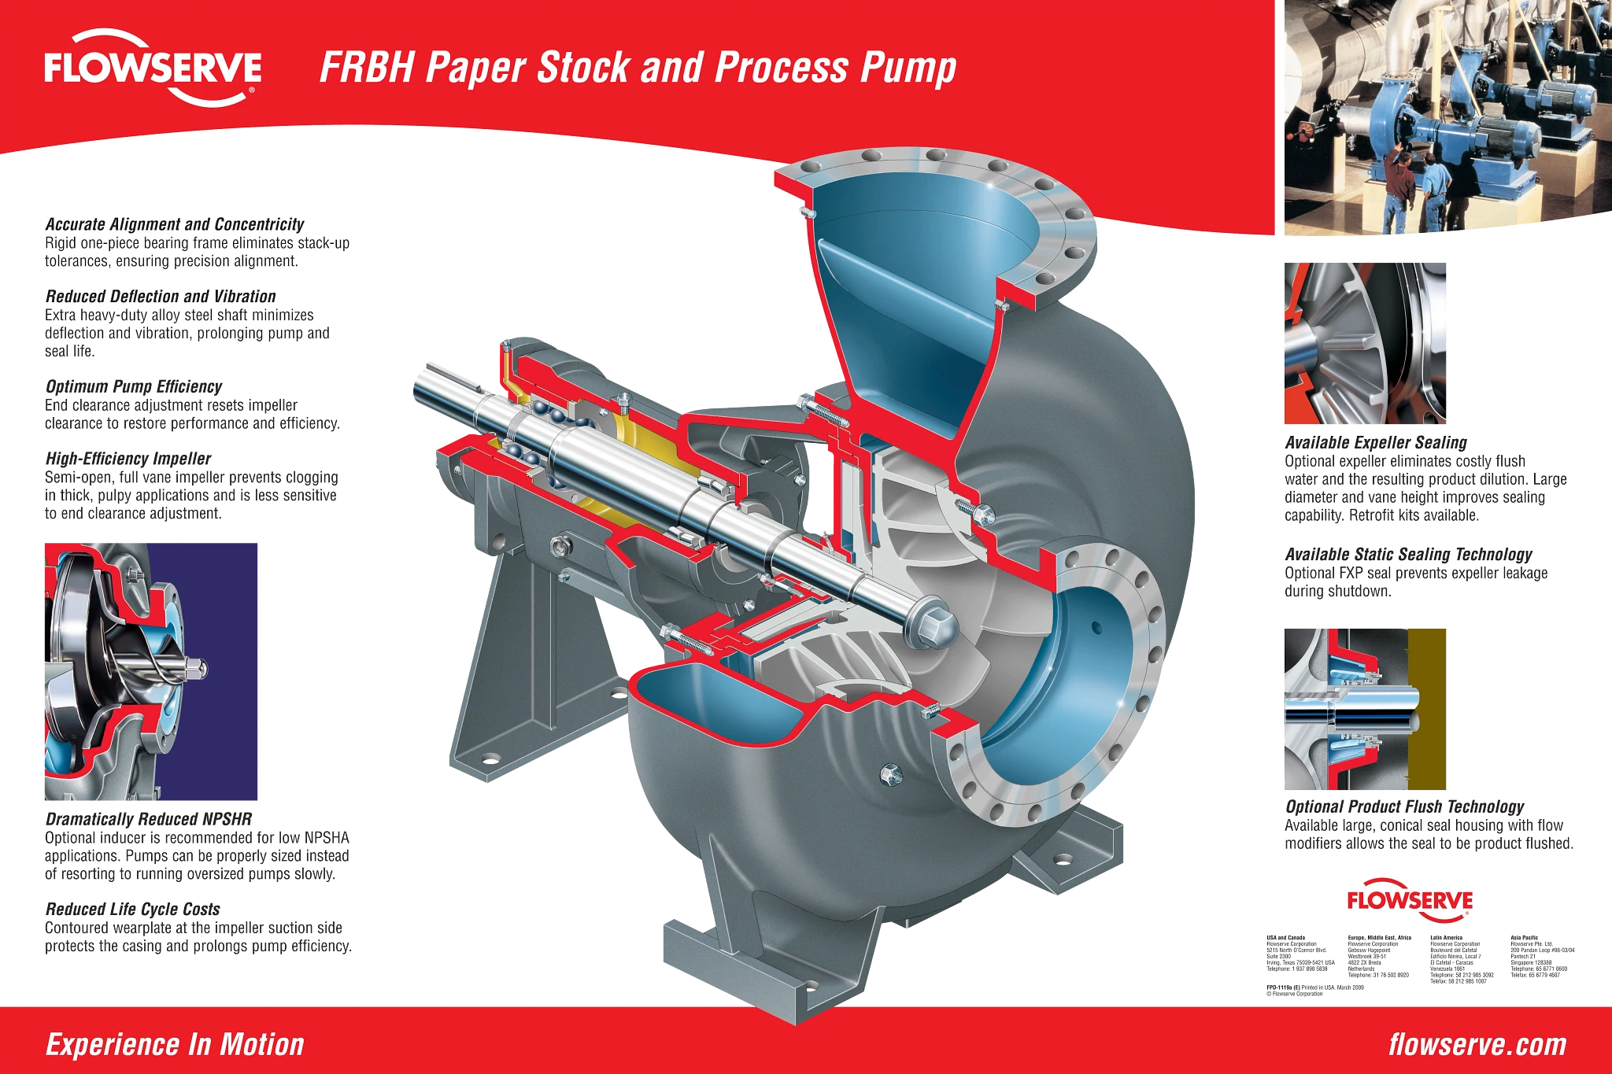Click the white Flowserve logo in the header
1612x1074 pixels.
click(x=153, y=68)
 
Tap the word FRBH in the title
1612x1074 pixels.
click(x=366, y=68)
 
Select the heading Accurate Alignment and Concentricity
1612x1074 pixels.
click(x=175, y=224)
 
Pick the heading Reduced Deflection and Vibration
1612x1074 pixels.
click(x=161, y=297)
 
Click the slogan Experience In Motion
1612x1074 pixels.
click(x=175, y=1045)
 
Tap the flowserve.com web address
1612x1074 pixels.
click(x=1477, y=1045)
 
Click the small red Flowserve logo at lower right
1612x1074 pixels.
click(x=1409, y=900)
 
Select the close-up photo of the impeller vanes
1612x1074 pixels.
click(x=1366, y=345)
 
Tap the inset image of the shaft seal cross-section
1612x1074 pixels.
click(x=1366, y=707)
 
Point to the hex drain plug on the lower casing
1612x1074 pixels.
click(x=890, y=775)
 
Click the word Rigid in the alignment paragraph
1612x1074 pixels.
click(x=61, y=243)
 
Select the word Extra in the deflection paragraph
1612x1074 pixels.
click(x=61, y=316)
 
